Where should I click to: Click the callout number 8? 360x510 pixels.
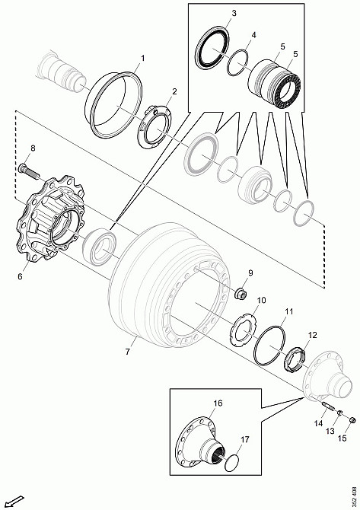click(x=33, y=148)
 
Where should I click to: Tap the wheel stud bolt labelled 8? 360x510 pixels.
click(x=29, y=171)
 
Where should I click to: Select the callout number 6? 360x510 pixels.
click(x=20, y=276)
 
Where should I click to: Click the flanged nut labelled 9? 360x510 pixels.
click(x=241, y=292)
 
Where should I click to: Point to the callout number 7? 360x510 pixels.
click(x=127, y=352)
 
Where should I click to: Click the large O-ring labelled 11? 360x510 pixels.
click(x=270, y=346)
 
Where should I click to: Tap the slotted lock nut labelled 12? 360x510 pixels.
click(x=296, y=359)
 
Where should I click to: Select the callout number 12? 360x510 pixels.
click(x=312, y=335)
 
